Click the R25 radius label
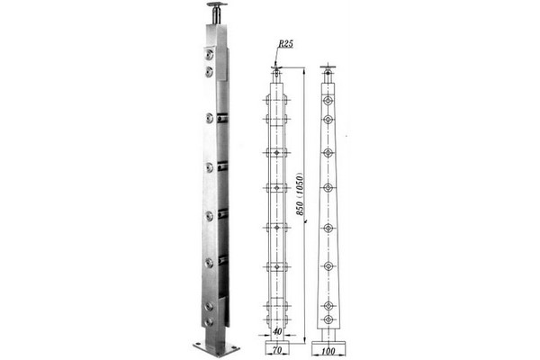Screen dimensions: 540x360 [x=286, y=44]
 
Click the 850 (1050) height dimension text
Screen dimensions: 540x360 [x=300, y=194]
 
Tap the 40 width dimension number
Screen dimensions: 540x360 [x=277, y=331]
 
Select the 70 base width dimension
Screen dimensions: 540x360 [x=276, y=350]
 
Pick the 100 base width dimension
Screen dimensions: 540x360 [x=328, y=351]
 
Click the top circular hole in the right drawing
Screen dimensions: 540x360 [x=328, y=101]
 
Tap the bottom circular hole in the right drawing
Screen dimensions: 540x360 [x=328, y=319]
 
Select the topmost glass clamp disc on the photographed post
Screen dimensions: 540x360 [x=209, y=54]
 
